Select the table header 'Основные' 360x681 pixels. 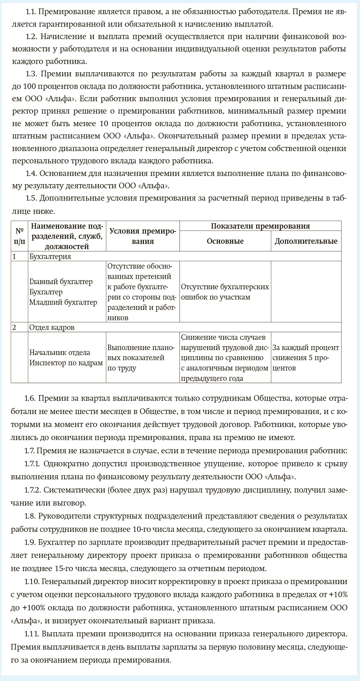coord(225,241)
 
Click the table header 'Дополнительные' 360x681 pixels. coord(306,241)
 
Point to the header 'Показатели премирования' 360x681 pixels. coord(260,226)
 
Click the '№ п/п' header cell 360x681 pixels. coord(19,236)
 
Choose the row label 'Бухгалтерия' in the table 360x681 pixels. coord(50,256)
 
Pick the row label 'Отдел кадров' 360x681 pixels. coord(52,327)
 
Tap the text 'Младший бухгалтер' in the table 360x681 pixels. coord(63,302)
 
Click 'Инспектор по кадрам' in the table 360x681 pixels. coord(66,363)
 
